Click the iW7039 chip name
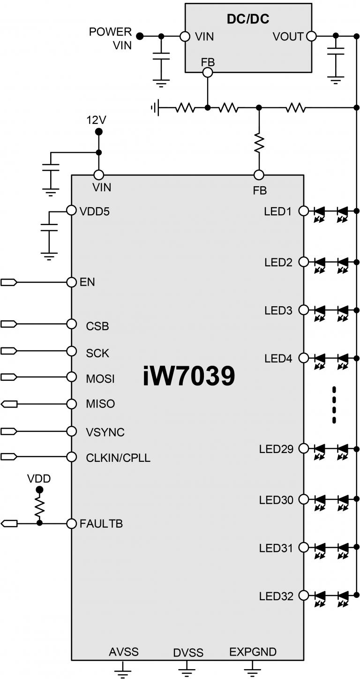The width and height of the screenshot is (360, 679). (188, 377)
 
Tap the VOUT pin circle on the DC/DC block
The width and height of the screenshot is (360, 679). (310, 36)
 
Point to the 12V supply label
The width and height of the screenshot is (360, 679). (97, 120)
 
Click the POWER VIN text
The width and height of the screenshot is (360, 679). (111, 38)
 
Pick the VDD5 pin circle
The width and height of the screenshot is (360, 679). (71, 211)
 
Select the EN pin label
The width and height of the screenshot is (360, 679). (88, 282)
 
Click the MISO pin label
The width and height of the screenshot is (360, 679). (100, 404)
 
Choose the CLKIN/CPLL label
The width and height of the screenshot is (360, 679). (118, 458)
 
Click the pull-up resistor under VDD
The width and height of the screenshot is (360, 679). (39, 507)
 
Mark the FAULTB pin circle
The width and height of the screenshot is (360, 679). (71, 523)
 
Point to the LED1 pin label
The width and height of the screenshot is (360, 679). (278, 211)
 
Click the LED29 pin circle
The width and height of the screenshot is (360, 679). (303, 448)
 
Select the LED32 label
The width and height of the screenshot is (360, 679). (276, 596)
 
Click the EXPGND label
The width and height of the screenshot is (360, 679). (253, 652)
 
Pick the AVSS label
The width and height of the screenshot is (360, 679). (124, 652)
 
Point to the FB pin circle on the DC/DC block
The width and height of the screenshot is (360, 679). (207, 72)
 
